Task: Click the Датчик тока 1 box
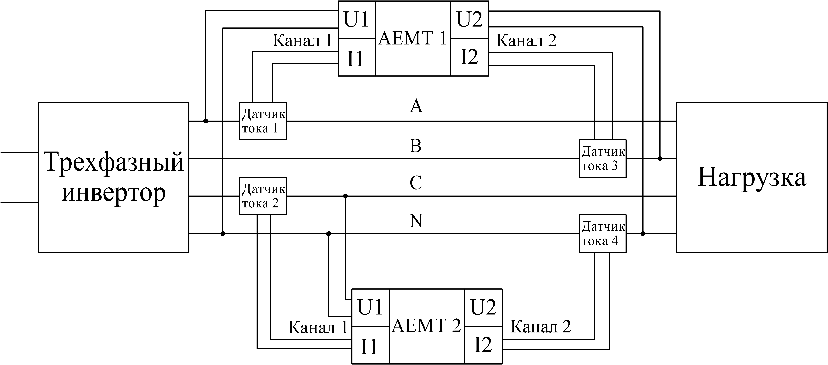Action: [263, 121]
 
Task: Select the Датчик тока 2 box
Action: [263, 196]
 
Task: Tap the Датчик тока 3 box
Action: [602, 159]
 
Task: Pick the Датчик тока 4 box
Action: [602, 233]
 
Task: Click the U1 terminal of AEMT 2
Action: [370, 308]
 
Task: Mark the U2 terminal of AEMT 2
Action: [483, 308]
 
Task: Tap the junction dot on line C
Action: [346, 196]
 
